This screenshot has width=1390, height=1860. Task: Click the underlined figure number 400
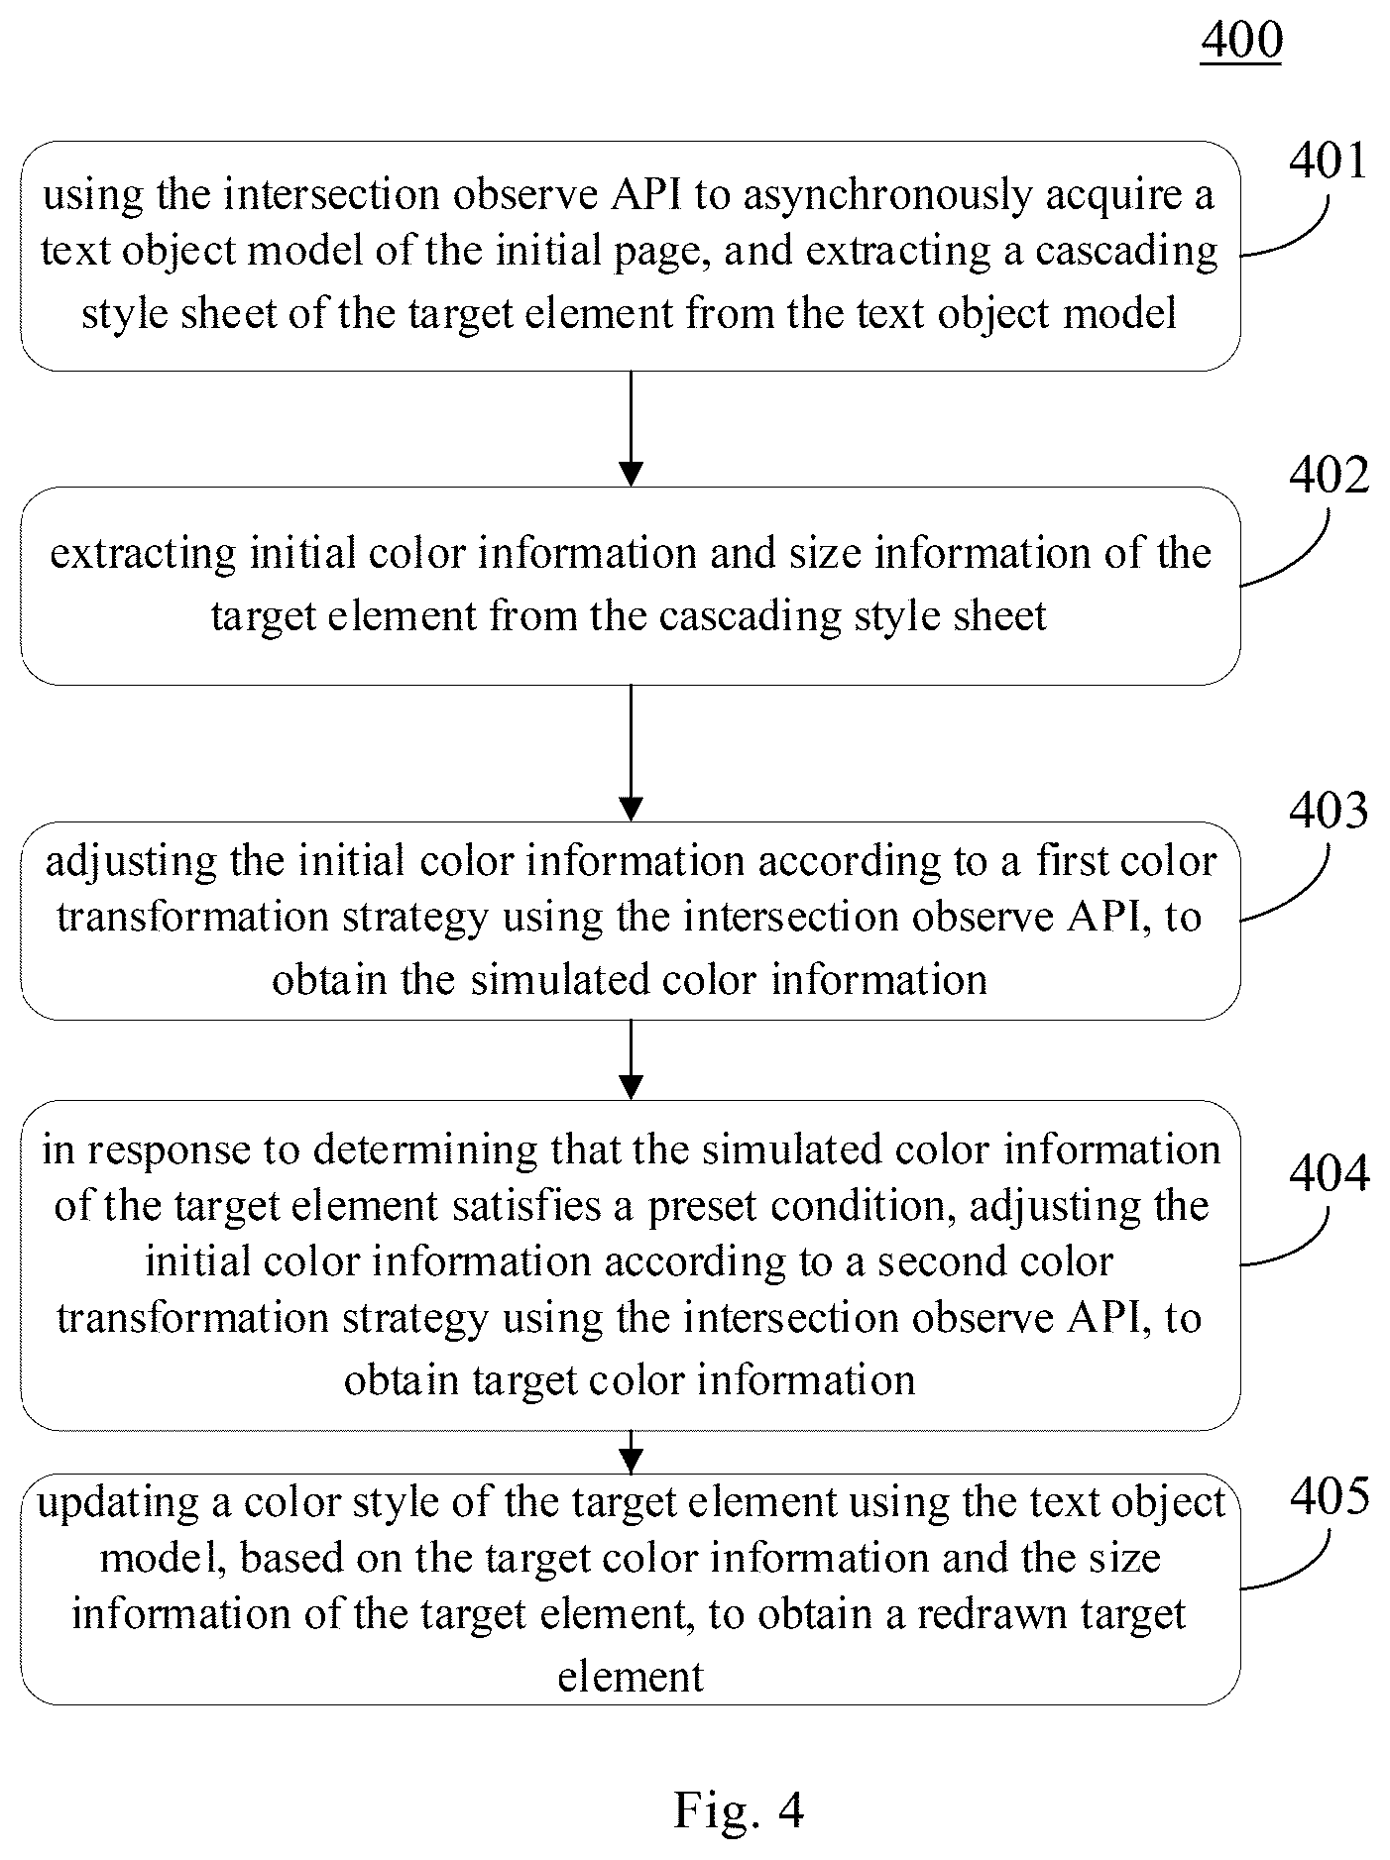tap(1241, 41)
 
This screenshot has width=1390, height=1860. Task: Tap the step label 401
tap(1328, 161)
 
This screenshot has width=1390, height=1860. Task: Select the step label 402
tap(1329, 476)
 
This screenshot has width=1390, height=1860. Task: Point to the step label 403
tap(1329, 810)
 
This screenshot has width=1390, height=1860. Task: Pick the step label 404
tap(1329, 1173)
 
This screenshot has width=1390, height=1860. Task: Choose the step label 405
tap(1329, 1496)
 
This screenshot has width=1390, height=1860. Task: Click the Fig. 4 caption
tap(739, 1810)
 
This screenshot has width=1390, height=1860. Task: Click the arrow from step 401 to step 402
tap(631, 429)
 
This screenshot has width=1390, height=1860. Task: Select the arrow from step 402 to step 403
tap(631, 753)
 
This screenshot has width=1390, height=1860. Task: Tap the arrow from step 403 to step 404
tap(631, 1060)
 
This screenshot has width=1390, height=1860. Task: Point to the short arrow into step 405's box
tap(631, 1452)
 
